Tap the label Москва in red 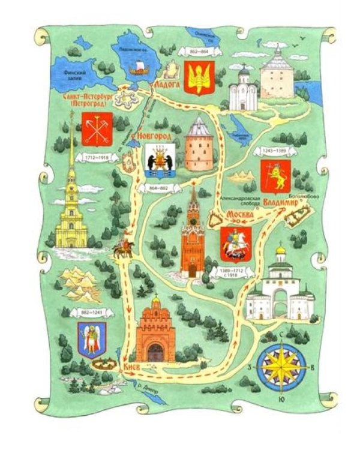click(x=239, y=215)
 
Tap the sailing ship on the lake click(x=137, y=65)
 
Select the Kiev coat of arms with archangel click(x=92, y=339)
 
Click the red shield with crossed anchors click(x=95, y=127)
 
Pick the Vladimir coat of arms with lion click(x=275, y=176)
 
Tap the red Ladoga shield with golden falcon click(x=198, y=77)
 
